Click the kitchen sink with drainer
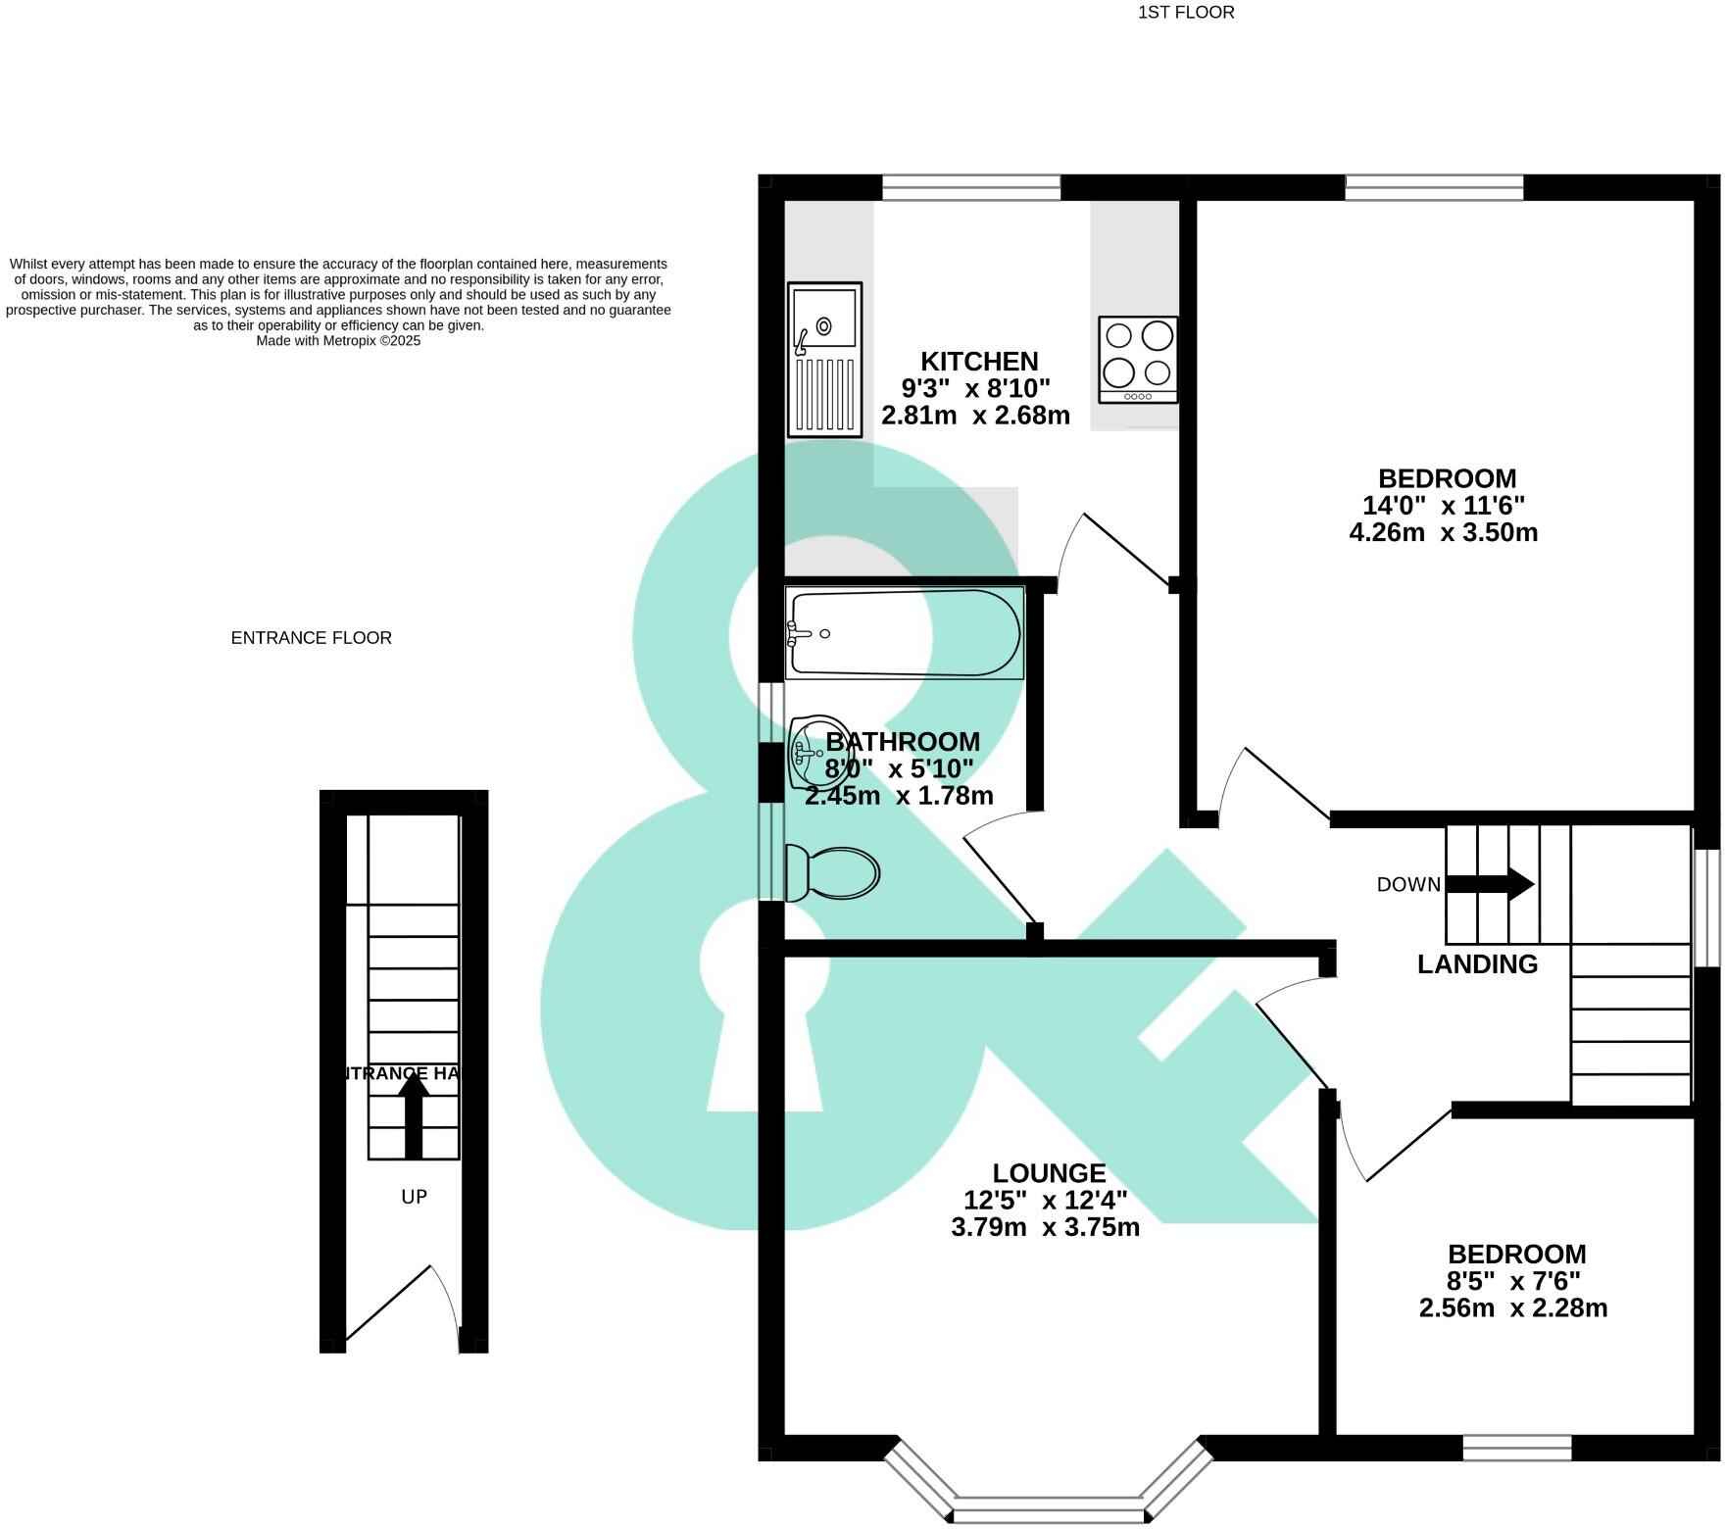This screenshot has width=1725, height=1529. pos(824,360)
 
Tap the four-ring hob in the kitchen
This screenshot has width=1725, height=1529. pos(1138,359)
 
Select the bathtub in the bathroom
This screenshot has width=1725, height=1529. pos(904,633)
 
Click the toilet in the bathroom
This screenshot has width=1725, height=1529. pos(832,872)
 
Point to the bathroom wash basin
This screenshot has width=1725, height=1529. pos(810,752)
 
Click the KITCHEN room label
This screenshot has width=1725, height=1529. pos(978,361)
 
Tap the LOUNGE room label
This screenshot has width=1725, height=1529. pos(1049,1172)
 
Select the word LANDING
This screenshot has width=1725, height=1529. pos(1477,964)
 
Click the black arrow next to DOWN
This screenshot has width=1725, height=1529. pos(1491,884)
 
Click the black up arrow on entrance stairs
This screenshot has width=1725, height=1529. pos(414,1113)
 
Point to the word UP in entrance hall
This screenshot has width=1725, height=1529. pos(414,1197)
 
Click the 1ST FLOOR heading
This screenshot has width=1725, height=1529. pos(1186,13)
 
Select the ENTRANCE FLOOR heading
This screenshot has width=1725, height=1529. pos(312,638)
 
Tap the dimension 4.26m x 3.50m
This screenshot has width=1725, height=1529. pos(1443,533)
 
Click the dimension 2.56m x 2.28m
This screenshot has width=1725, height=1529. pos(1512,1308)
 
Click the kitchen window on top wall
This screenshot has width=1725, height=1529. pos(971,187)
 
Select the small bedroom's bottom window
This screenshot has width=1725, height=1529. pos(1517,1448)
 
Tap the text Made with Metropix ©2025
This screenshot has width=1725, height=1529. pos(338,341)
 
